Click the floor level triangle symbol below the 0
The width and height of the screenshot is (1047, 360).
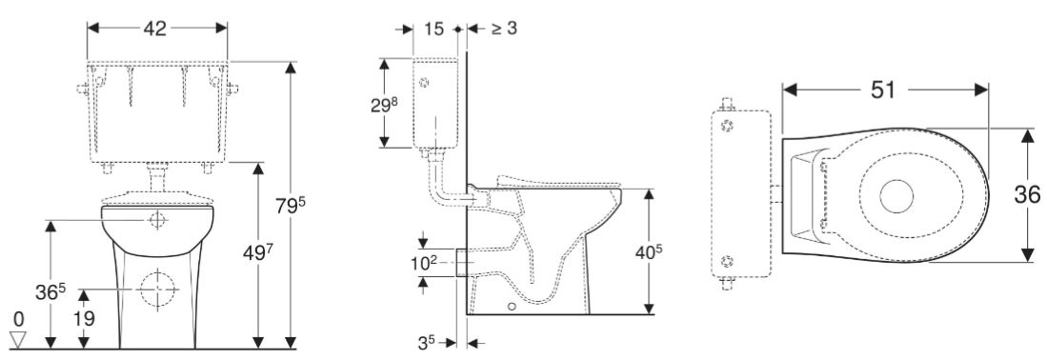[x=17, y=336]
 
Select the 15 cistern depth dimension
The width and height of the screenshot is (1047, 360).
[x=434, y=30]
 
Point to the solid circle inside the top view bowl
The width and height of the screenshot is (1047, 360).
[x=897, y=196]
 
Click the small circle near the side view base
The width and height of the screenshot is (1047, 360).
[x=513, y=307]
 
